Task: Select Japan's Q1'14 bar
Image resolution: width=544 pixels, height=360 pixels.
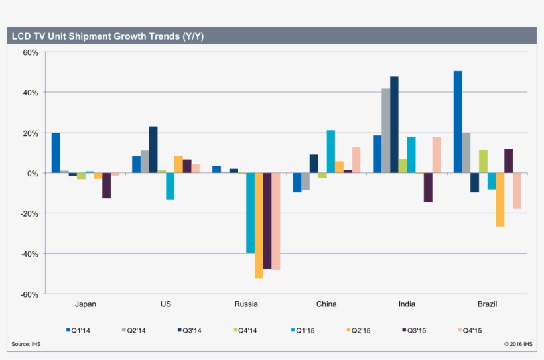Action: [56, 152]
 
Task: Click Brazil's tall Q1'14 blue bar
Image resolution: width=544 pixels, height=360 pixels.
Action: [458, 122]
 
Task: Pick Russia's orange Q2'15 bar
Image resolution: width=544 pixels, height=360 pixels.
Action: [259, 225]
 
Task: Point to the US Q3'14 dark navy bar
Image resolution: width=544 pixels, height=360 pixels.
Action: [153, 149]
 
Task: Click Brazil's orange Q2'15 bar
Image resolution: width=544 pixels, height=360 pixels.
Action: [500, 200]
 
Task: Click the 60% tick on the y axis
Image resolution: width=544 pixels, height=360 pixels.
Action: [31, 52]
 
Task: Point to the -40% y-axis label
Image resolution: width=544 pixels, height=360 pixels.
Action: [29, 254]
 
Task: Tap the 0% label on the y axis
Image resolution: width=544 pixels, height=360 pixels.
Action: [33, 173]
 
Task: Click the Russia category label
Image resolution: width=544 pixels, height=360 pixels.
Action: [246, 304]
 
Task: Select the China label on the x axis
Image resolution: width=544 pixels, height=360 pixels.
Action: [326, 304]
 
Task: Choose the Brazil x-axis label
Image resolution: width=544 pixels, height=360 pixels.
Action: [487, 304]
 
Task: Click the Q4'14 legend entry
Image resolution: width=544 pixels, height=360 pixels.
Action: [246, 330]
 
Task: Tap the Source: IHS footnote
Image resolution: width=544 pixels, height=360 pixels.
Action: [26, 343]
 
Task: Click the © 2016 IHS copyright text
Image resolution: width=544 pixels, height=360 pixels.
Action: [517, 343]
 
